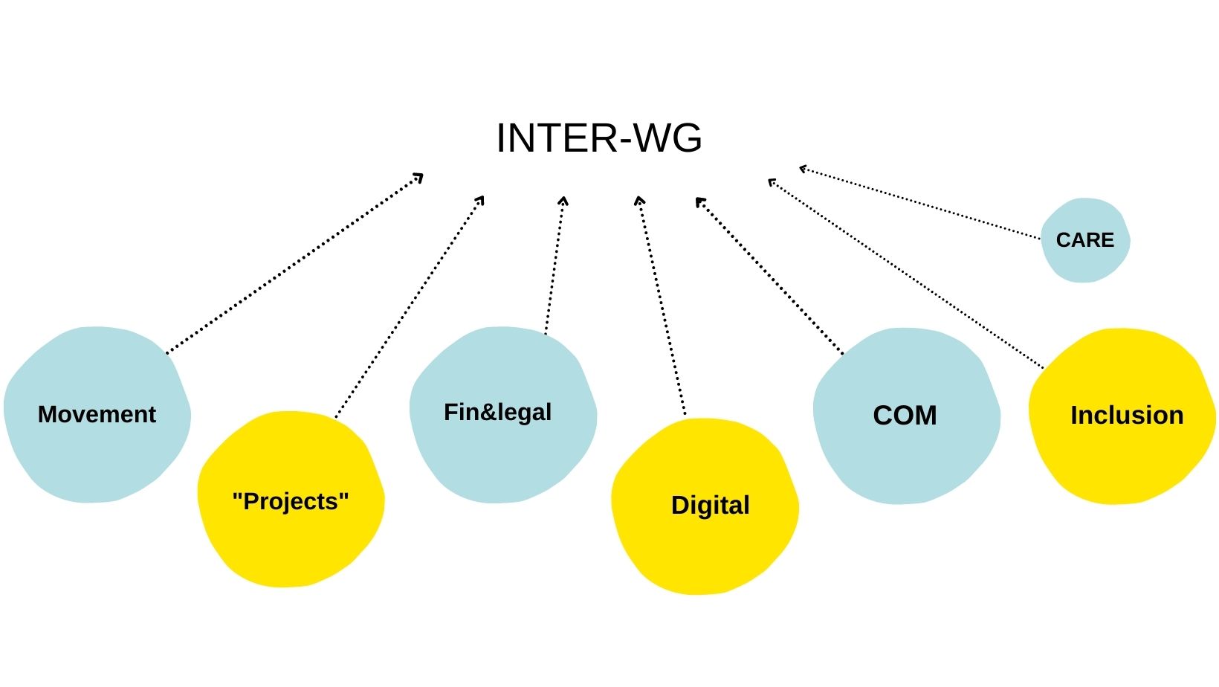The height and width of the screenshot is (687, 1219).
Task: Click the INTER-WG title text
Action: click(x=599, y=138)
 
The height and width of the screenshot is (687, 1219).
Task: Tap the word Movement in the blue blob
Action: click(x=97, y=414)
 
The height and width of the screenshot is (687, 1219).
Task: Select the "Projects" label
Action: click(x=291, y=502)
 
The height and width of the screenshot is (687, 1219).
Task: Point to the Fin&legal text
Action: click(x=497, y=412)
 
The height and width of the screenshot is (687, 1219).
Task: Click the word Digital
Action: click(x=710, y=506)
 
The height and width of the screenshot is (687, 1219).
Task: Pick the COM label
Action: click(x=905, y=415)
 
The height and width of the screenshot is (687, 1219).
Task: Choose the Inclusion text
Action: click(x=1126, y=415)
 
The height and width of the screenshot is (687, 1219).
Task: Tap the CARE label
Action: click(x=1084, y=240)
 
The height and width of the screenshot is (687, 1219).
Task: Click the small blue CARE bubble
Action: click(x=1085, y=260)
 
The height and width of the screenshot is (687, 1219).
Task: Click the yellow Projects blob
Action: click(x=290, y=543)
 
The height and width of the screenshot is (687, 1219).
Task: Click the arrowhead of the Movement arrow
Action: click(x=420, y=177)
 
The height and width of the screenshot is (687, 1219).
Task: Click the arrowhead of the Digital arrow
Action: click(x=639, y=199)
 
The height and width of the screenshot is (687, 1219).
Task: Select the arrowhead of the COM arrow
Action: click(x=699, y=201)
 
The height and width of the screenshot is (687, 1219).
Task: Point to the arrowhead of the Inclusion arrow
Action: click(x=772, y=181)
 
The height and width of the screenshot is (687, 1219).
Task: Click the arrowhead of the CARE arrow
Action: click(x=803, y=169)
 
